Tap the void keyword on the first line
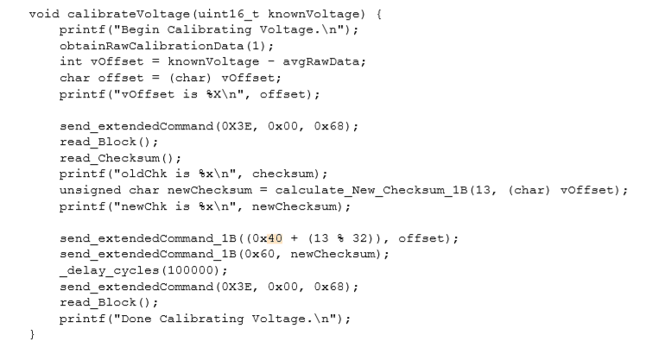42,16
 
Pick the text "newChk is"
138,207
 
